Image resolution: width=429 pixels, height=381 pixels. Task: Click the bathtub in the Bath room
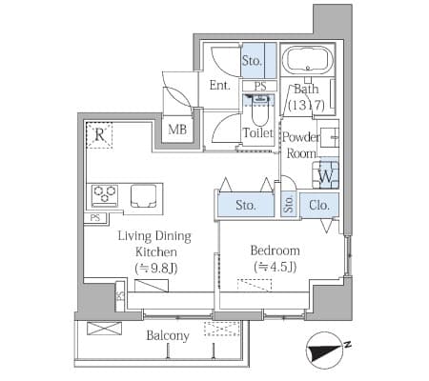[308, 61]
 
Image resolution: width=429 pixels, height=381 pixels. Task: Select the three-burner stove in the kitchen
[105, 194]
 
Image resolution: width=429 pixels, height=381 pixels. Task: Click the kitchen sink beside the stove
[143, 196]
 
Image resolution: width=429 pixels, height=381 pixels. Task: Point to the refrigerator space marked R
[100, 135]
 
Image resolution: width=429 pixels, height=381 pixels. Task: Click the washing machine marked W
[326, 175]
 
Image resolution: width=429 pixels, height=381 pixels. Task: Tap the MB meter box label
[177, 130]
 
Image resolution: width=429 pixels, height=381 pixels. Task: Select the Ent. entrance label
[219, 86]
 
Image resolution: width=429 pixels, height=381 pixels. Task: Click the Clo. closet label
[319, 206]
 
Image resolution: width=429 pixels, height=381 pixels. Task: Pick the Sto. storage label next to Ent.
[252, 60]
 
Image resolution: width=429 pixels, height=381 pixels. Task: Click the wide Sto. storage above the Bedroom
[246, 205]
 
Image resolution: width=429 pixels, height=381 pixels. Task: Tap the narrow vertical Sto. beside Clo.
[289, 205]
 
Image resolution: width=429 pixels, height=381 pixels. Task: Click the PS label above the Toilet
[260, 87]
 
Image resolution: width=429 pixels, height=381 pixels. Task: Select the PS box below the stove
[95, 218]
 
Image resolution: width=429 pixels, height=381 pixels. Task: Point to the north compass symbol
[326, 351]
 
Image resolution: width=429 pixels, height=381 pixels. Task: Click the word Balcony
[168, 336]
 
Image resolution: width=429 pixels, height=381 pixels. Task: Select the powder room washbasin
[329, 138]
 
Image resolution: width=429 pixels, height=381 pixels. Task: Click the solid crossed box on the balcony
[104, 329]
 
